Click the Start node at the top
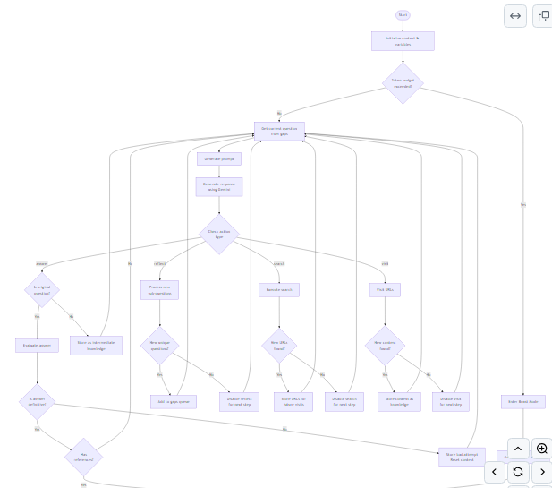point(403,15)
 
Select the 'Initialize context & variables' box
point(403,41)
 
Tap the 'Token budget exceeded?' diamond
point(403,83)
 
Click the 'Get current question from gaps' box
point(279,132)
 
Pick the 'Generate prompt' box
point(219,158)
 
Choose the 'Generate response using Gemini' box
point(219,186)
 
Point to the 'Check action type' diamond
point(219,234)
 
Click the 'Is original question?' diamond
point(42,290)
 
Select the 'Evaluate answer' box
point(37,345)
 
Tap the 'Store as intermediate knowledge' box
point(96,346)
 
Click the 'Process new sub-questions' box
point(159,290)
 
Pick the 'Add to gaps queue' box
point(174,402)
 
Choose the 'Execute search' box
point(279,290)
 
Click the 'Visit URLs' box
point(385,290)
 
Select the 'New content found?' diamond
point(385,345)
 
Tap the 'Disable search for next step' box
point(344,402)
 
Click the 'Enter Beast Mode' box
point(522,402)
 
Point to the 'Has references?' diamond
point(83,458)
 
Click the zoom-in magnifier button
point(541,449)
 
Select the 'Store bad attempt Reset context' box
point(462,457)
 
